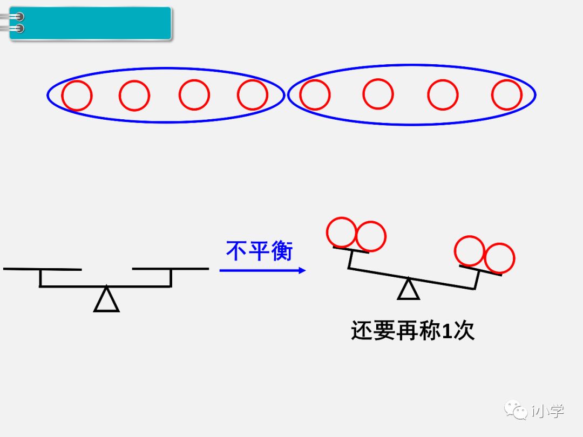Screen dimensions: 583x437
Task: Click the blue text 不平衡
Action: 259,251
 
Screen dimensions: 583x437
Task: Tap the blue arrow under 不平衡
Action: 263,270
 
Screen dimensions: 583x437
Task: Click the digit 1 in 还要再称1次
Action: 446,330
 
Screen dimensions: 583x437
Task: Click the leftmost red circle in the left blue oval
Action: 77,95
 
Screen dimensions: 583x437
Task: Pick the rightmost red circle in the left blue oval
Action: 252,95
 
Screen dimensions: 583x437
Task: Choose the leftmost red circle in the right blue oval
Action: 315,95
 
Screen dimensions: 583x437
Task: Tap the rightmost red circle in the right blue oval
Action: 506,95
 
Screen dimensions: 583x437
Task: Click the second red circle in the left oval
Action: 134,95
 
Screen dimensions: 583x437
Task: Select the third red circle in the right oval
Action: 443,95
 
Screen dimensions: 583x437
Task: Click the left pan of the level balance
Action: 42,269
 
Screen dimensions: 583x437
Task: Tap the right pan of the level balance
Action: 171,269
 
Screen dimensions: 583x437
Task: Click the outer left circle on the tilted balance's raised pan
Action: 342,233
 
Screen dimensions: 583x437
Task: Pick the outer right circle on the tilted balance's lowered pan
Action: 499,258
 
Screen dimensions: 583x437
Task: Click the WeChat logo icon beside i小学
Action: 516,410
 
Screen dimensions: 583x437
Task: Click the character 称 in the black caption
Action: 430,330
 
